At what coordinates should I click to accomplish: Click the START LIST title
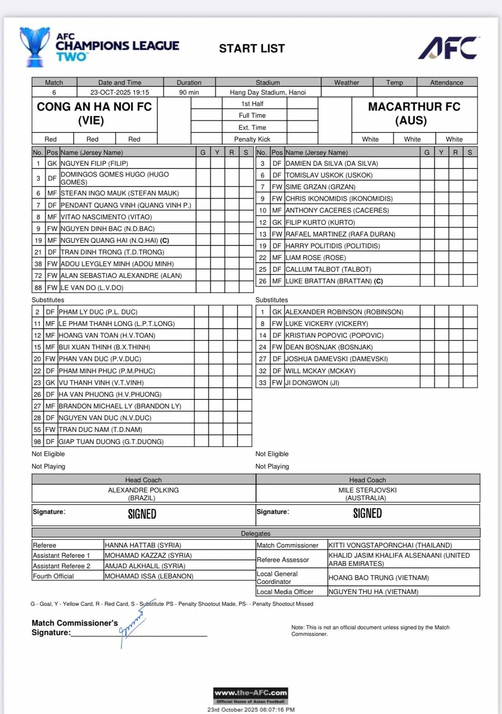click(x=252, y=48)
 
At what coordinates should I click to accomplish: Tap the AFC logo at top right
click(x=448, y=48)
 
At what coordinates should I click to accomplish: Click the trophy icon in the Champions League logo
click(x=35, y=47)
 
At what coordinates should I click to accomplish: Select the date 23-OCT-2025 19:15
click(x=119, y=92)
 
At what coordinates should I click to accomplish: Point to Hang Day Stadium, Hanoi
click(x=268, y=92)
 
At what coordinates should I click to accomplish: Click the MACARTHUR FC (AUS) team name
click(x=414, y=113)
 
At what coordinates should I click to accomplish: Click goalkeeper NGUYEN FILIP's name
click(x=94, y=164)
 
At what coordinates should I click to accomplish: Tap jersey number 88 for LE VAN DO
click(x=38, y=288)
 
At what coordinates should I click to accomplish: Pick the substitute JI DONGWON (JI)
click(x=312, y=383)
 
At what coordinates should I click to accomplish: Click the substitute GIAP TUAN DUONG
click(x=111, y=442)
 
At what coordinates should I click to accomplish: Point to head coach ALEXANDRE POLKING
click(x=143, y=490)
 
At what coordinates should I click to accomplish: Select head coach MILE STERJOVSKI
click(x=367, y=490)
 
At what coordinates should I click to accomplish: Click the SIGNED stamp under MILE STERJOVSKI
click(x=367, y=513)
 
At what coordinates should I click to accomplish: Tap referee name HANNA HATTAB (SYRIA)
click(x=143, y=545)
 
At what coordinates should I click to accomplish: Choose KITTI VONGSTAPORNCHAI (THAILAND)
click(x=390, y=545)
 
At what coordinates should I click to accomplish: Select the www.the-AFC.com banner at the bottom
click(x=250, y=695)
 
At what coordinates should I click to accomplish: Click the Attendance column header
click(x=446, y=83)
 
